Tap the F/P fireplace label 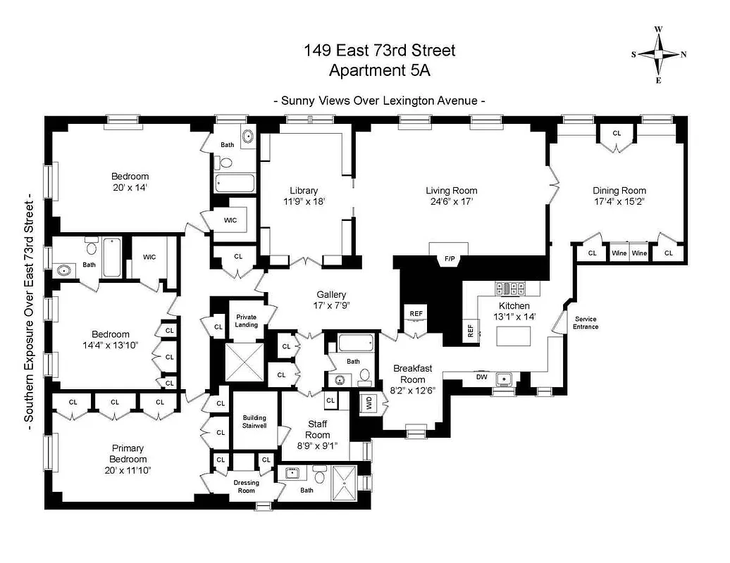(448, 260)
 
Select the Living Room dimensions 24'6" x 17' (451, 201)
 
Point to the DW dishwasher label (483, 377)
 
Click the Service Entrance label (586, 323)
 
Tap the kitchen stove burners (507, 288)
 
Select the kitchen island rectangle (514, 337)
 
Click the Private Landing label (246, 321)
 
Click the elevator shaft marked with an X (244, 362)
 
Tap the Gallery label (332, 294)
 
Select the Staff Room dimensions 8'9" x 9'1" (318, 445)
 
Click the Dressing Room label (246, 486)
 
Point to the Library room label (304, 190)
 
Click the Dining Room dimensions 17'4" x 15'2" (619, 201)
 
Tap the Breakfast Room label (412, 374)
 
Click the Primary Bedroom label (128, 453)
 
